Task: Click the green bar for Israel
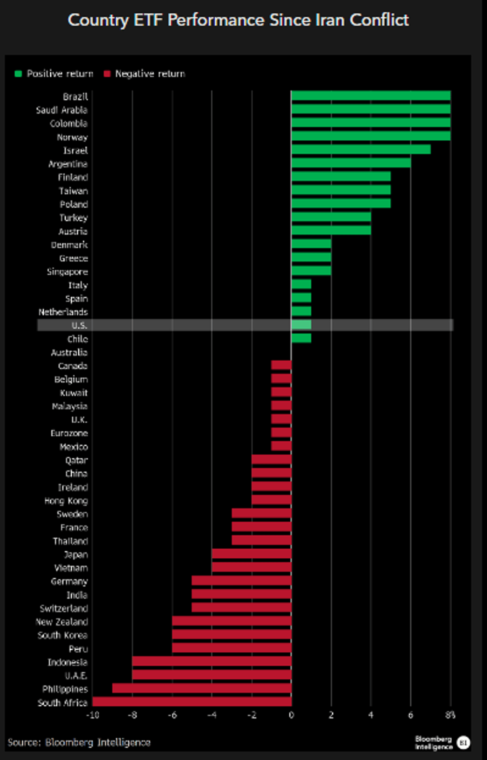coord(361,150)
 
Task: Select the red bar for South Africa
coord(192,701)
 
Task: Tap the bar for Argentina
coord(351,163)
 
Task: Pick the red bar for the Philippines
coord(202,688)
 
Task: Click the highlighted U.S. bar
coord(301,325)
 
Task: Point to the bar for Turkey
coord(331,217)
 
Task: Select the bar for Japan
coord(252,554)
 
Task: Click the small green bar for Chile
coord(301,338)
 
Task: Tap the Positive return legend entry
coord(54,74)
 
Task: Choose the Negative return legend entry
coord(144,74)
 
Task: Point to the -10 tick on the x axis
coord(93,715)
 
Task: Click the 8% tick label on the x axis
coord(450,715)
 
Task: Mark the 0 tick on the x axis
coord(291,715)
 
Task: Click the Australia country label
coord(69,352)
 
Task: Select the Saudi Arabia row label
coord(62,110)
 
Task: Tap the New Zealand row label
coord(62,622)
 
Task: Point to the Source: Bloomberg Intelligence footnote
coord(79,743)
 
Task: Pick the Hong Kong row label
coord(66,501)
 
